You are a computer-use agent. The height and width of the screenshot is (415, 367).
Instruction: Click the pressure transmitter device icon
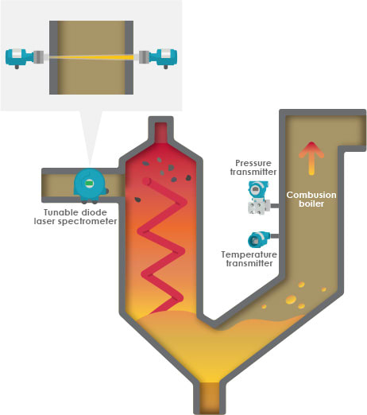click(x=257, y=197)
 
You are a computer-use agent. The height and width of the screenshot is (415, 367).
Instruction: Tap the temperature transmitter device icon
click(x=258, y=239)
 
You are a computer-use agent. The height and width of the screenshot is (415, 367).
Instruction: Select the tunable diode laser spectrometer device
click(x=89, y=184)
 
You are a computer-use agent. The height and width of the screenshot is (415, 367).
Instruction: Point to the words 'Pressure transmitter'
click(x=253, y=166)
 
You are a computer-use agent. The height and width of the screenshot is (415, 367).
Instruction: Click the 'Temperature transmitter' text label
click(x=248, y=260)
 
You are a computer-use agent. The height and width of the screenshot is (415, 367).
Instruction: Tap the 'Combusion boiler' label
click(x=311, y=199)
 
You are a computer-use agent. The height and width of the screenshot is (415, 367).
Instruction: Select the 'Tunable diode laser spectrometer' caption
click(x=80, y=216)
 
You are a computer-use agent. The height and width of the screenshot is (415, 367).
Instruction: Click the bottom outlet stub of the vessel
click(x=210, y=395)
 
